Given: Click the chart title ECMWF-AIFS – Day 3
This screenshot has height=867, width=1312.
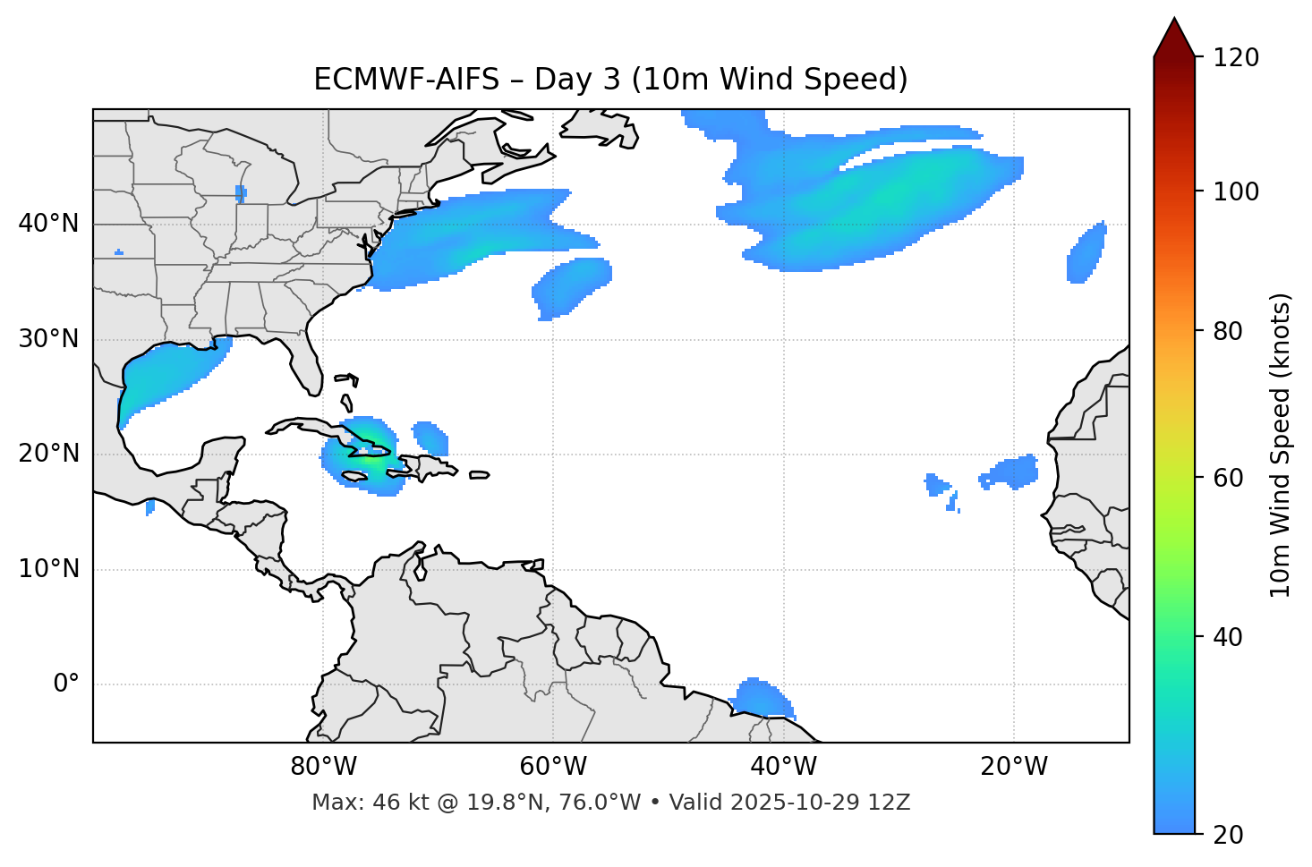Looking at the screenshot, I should [x=610, y=80].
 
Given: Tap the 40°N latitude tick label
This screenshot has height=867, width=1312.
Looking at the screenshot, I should [x=48, y=224].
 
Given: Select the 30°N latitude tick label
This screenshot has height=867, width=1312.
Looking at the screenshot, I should [x=48, y=339].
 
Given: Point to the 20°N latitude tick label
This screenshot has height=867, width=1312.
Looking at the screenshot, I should [x=48, y=454].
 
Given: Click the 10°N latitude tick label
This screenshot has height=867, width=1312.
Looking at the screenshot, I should [x=48, y=569].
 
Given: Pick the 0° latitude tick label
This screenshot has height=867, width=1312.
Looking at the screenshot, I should [x=66, y=684].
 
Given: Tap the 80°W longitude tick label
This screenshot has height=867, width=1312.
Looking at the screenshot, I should [x=323, y=767].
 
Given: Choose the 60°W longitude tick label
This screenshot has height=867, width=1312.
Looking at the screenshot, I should [x=553, y=767].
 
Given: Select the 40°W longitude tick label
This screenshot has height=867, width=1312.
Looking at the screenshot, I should [x=783, y=767].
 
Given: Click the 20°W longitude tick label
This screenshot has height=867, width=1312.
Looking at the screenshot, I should [x=1014, y=767].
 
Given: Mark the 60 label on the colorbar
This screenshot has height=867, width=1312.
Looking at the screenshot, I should [x=1232, y=478].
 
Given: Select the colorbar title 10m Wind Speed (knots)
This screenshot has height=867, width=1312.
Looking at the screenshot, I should [x=1281, y=445].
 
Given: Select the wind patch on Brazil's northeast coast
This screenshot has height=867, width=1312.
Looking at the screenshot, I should [x=761, y=697].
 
